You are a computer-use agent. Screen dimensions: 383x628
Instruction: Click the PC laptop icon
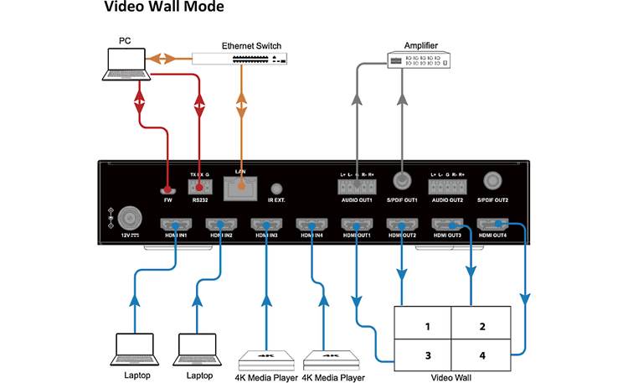click(127, 64)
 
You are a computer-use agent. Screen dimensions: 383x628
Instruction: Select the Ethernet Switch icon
click(239, 58)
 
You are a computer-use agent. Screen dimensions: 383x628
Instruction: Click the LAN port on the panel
click(243, 189)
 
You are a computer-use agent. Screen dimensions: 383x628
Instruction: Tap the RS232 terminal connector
click(199, 188)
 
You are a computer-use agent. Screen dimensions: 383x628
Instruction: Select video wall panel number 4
click(481, 355)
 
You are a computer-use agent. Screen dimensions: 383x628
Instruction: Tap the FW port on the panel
click(168, 191)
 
